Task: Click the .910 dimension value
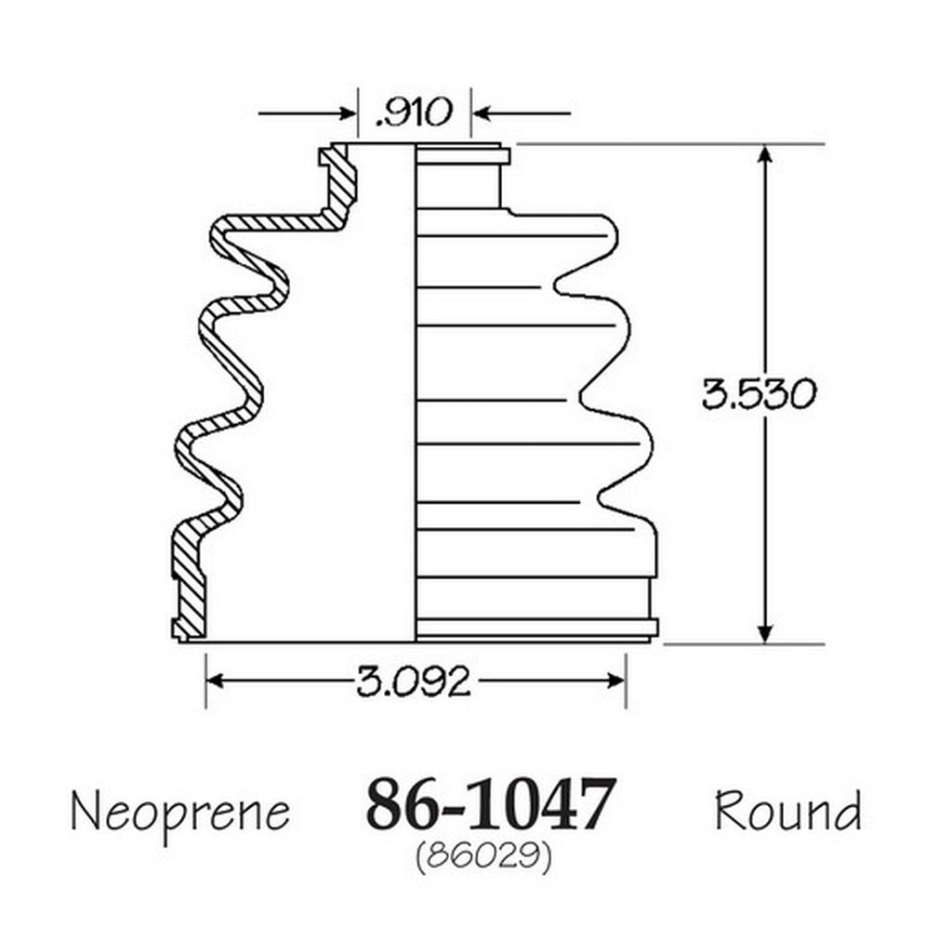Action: click(414, 112)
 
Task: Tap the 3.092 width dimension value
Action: click(413, 681)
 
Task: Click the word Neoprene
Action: click(180, 813)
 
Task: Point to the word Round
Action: click(788, 810)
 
